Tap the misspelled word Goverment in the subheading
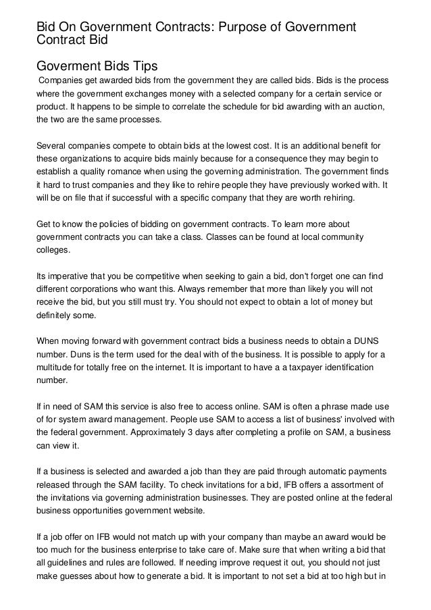pos(70,66)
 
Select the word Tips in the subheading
pos(143,66)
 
